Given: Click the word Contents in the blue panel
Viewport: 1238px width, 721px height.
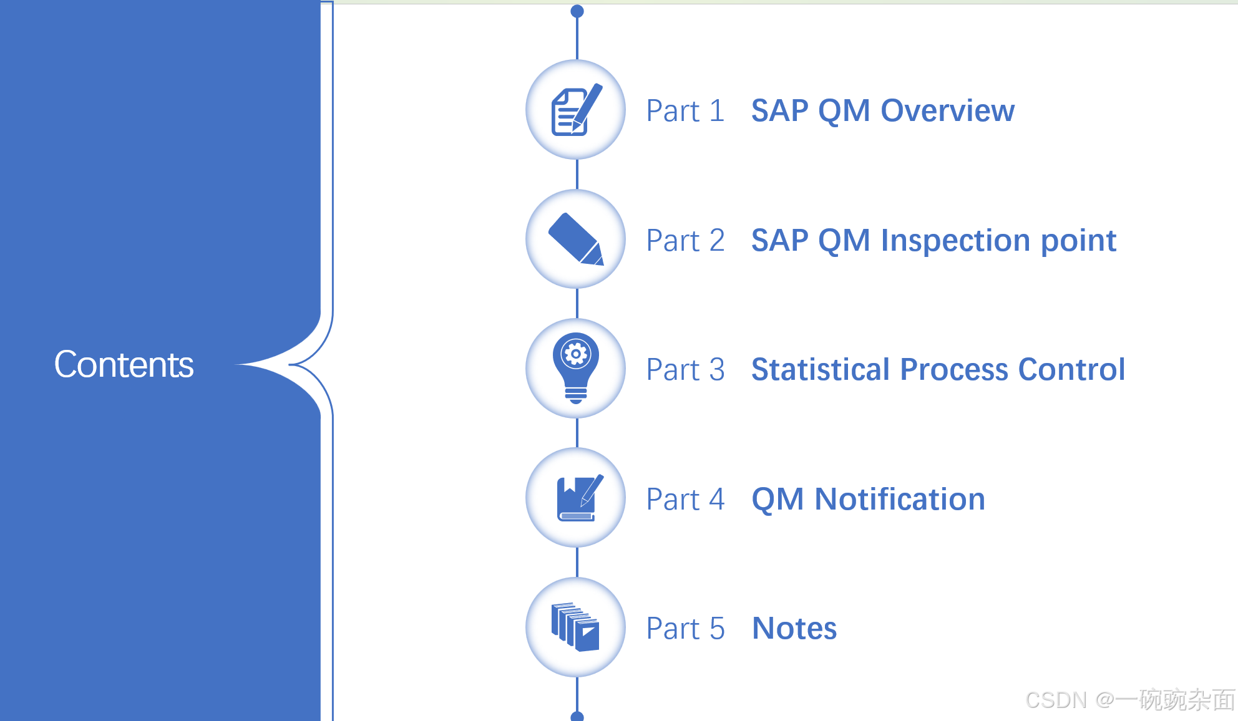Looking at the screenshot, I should pyautogui.click(x=124, y=364).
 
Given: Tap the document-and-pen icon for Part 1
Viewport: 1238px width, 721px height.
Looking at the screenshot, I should pyautogui.click(x=576, y=110).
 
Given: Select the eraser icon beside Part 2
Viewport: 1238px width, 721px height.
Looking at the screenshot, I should pyautogui.click(x=576, y=240).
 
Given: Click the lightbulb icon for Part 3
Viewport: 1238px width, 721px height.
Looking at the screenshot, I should pyautogui.click(x=576, y=369).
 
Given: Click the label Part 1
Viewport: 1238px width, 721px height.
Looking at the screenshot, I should pyautogui.click(x=685, y=111).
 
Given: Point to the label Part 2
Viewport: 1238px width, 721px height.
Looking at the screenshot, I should pyautogui.click(x=685, y=241).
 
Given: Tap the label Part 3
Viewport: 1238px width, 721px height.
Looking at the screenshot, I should pyautogui.click(x=685, y=370).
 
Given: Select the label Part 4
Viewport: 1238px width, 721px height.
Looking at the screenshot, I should pyautogui.click(x=685, y=500).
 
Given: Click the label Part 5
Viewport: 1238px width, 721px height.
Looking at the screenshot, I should pyautogui.click(x=685, y=629).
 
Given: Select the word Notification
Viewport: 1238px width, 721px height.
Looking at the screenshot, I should pyautogui.click(x=900, y=500).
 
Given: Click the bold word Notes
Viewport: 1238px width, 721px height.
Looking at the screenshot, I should pyautogui.click(x=794, y=629).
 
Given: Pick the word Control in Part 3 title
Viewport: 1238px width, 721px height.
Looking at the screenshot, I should pyautogui.click(x=1071, y=370).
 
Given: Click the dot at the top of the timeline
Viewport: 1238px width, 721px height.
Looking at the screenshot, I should pyautogui.click(x=577, y=11).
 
